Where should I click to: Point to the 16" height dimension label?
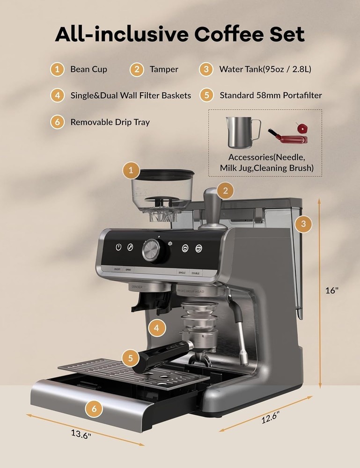coord(331,290)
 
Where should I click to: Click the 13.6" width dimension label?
coord(81,433)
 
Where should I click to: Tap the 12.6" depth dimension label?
coord(270,417)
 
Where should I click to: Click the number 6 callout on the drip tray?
coord(94,408)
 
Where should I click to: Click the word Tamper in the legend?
coord(164,69)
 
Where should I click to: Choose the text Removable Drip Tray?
coord(110,122)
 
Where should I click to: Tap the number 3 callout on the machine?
coord(304,224)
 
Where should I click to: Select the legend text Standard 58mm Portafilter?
coord(271,95)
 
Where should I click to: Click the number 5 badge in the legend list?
coord(206,95)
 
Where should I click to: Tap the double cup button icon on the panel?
coord(199,248)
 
